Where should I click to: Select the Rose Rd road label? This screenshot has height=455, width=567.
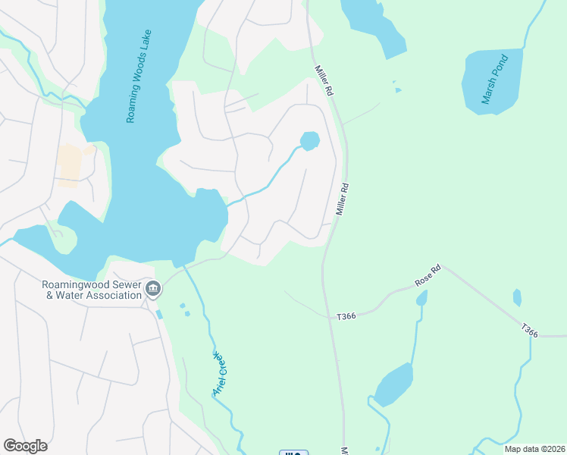428,276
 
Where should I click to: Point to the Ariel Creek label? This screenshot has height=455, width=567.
219,373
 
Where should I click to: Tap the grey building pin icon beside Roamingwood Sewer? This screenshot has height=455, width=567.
153,288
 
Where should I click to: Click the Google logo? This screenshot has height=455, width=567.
25,446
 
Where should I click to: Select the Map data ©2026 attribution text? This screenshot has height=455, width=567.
534,449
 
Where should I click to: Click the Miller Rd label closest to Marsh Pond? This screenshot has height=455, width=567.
324,80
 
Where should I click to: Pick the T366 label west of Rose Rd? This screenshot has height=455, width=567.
346,315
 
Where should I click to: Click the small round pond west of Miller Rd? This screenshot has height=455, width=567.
309,141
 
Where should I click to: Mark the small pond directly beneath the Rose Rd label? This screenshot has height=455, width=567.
421,298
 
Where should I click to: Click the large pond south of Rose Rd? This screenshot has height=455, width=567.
393,384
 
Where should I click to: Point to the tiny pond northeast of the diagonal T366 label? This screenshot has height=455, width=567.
517,297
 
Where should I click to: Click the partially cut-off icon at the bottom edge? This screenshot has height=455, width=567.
293,452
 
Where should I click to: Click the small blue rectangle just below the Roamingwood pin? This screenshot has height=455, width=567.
158,314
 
